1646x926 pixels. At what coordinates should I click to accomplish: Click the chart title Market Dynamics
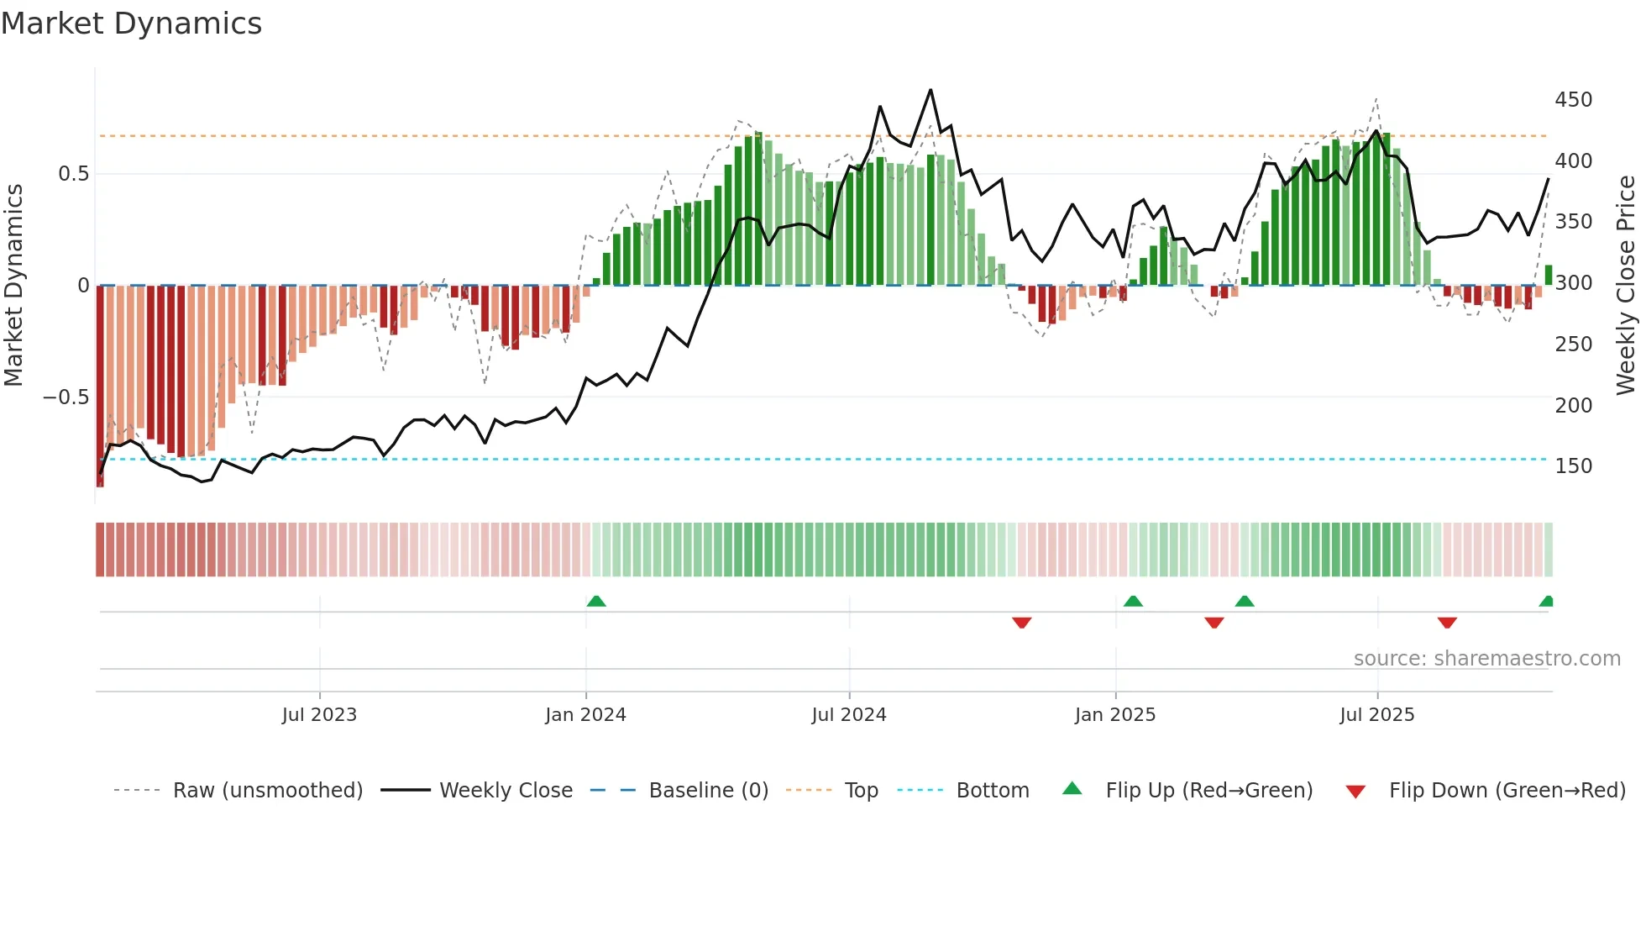coord(131,24)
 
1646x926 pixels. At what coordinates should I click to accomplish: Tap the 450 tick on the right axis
coord(1573,100)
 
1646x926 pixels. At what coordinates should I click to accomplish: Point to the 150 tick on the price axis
coord(1573,466)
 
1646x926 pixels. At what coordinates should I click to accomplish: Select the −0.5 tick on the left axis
coord(66,397)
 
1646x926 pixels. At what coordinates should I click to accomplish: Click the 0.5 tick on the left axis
coord(73,174)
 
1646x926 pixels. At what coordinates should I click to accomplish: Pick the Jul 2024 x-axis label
coord(848,715)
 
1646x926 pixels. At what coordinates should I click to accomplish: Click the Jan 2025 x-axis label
coord(1114,715)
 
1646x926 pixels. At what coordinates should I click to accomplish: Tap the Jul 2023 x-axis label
coord(319,715)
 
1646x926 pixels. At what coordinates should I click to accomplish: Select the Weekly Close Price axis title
coord(1626,285)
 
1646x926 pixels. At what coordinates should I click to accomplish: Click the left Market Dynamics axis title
coord(13,285)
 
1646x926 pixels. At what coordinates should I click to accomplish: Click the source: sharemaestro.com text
coord(1486,659)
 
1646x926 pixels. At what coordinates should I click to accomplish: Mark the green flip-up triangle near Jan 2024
coord(596,601)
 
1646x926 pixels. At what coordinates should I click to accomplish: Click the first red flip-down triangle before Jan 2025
coord(1021,623)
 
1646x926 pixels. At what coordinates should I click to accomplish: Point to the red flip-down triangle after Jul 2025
coord(1446,623)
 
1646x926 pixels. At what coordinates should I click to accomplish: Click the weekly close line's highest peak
coord(930,90)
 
